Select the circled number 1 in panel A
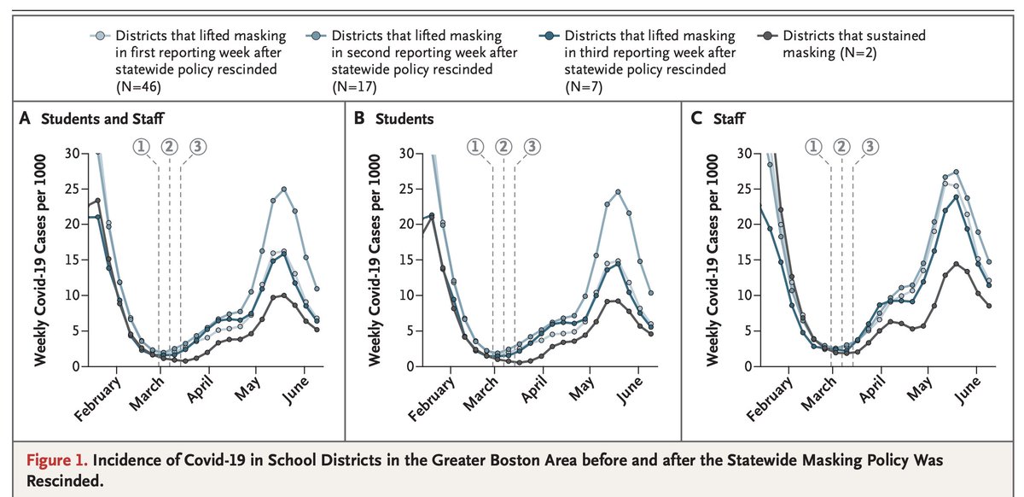pos(142,146)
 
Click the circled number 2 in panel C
pos(842,146)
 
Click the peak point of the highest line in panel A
pos(284,189)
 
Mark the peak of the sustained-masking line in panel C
pos(956,264)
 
